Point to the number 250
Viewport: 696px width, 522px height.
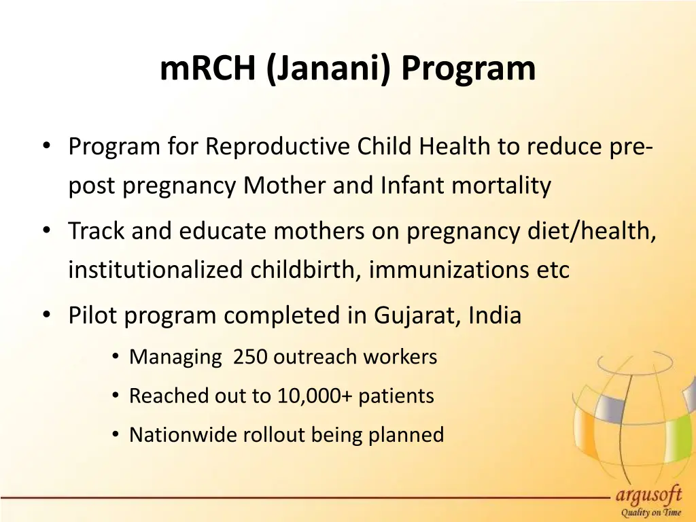click(249, 356)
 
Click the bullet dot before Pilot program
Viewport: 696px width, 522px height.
click(46, 315)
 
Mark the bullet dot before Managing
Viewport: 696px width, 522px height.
click(116, 357)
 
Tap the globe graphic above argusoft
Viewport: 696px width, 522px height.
click(625, 415)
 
